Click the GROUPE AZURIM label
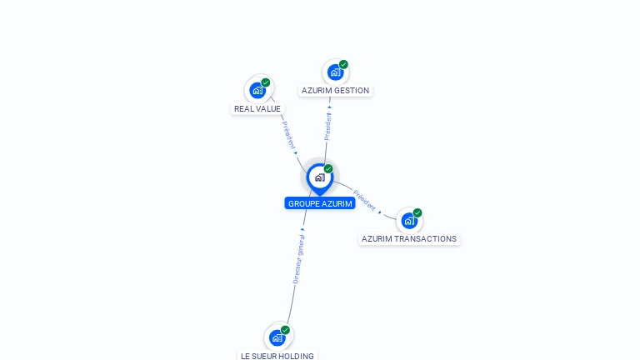click(x=320, y=203)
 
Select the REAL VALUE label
click(x=257, y=108)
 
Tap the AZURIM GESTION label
click(x=335, y=91)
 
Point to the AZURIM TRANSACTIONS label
click(x=409, y=239)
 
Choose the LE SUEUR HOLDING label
click(x=277, y=356)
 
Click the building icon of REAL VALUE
click(x=257, y=90)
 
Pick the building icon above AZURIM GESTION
click(x=335, y=72)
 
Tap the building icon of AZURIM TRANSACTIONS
click(x=408, y=221)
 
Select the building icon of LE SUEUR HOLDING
click(x=277, y=337)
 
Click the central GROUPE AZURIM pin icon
click(x=319, y=177)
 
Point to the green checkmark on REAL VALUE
click(x=266, y=82)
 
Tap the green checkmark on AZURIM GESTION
click(x=343, y=64)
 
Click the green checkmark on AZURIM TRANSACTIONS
click(x=417, y=212)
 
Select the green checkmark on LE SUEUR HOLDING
click(x=285, y=330)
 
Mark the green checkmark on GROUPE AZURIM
click(x=328, y=168)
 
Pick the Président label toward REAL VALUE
click(x=288, y=135)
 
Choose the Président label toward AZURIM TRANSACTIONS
click(x=364, y=200)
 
